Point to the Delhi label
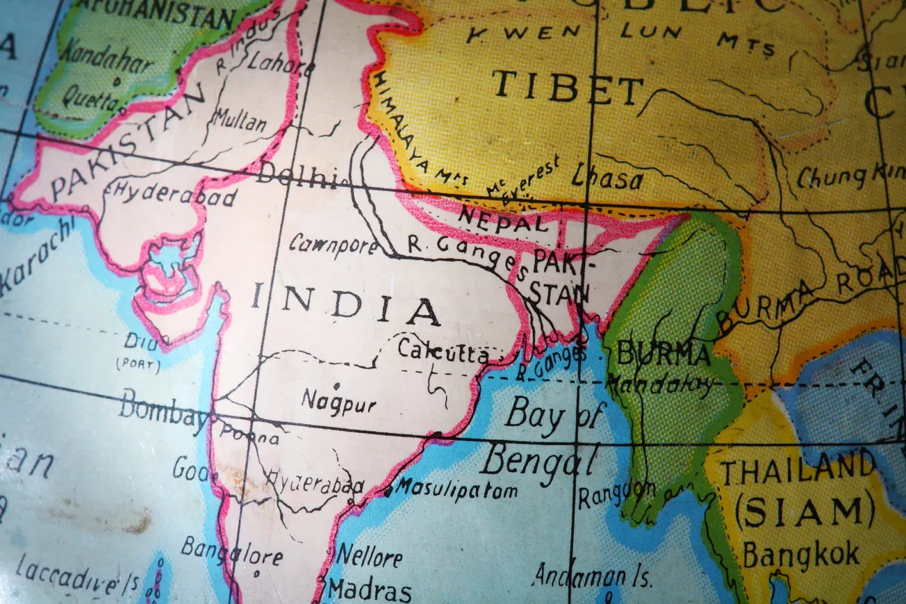click(x=296, y=177)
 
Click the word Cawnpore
click(x=333, y=244)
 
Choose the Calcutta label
click(x=443, y=352)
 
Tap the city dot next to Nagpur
click(x=337, y=385)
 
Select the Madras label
click(x=370, y=590)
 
